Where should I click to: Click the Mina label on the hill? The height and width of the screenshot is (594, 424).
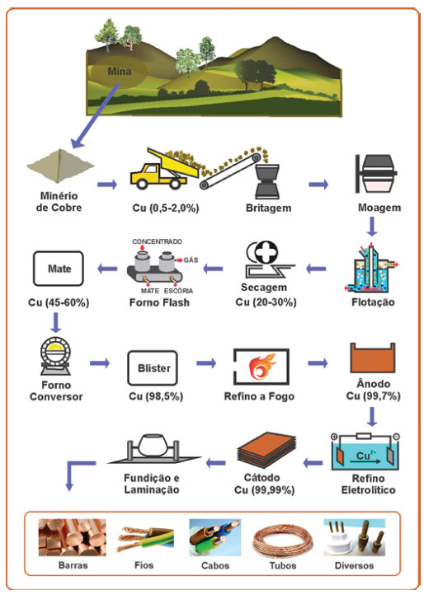point(119,71)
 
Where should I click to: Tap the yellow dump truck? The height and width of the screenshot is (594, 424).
point(164,169)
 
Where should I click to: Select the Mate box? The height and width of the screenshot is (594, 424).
point(59,269)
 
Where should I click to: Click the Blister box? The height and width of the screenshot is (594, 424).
point(153,367)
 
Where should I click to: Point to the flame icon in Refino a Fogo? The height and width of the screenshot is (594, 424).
point(261,367)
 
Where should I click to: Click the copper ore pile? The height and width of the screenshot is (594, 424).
point(60,166)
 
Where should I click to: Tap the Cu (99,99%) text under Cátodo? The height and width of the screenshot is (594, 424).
point(264,490)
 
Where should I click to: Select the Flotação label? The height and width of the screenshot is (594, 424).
point(373,302)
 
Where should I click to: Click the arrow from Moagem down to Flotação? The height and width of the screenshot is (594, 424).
point(372,227)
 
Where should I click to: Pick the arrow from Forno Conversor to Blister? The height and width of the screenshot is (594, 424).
point(100,363)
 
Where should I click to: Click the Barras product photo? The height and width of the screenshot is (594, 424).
point(72,537)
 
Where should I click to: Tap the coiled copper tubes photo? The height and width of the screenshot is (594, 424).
point(283,538)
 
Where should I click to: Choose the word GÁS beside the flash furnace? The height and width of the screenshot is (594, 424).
point(191,260)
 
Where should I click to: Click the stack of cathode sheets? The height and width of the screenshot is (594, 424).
point(266,450)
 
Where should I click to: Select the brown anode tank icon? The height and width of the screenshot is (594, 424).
point(372,358)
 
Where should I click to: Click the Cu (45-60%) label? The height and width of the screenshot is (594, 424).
point(59,302)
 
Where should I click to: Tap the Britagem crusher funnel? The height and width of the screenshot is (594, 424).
point(267,181)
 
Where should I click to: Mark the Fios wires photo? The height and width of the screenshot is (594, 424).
point(146,538)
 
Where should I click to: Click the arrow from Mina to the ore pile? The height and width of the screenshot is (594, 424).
point(95,116)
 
